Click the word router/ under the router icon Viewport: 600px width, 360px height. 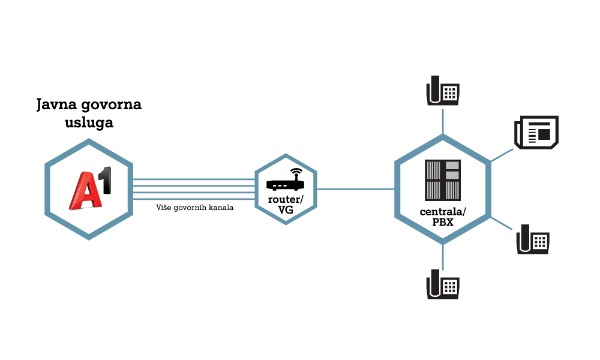pyautogui.click(x=286, y=199)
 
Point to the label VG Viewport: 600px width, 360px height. pyautogui.click(x=286, y=209)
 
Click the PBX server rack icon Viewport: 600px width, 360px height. pyautogui.click(x=442, y=181)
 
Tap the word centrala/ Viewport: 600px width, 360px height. pyautogui.click(x=443, y=212)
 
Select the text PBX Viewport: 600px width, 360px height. pyautogui.click(x=443, y=223)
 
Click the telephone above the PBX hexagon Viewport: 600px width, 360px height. pyautogui.click(x=443, y=92)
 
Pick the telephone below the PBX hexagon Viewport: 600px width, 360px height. pyautogui.click(x=443, y=284)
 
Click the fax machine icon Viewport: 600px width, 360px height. pyautogui.click(x=536, y=132)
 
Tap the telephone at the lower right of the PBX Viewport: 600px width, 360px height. pyautogui.click(x=533, y=240)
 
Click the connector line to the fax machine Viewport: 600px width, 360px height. pyautogui.click(x=502, y=156)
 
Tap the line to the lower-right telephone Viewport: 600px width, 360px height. pyautogui.click(x=502, y=223)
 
